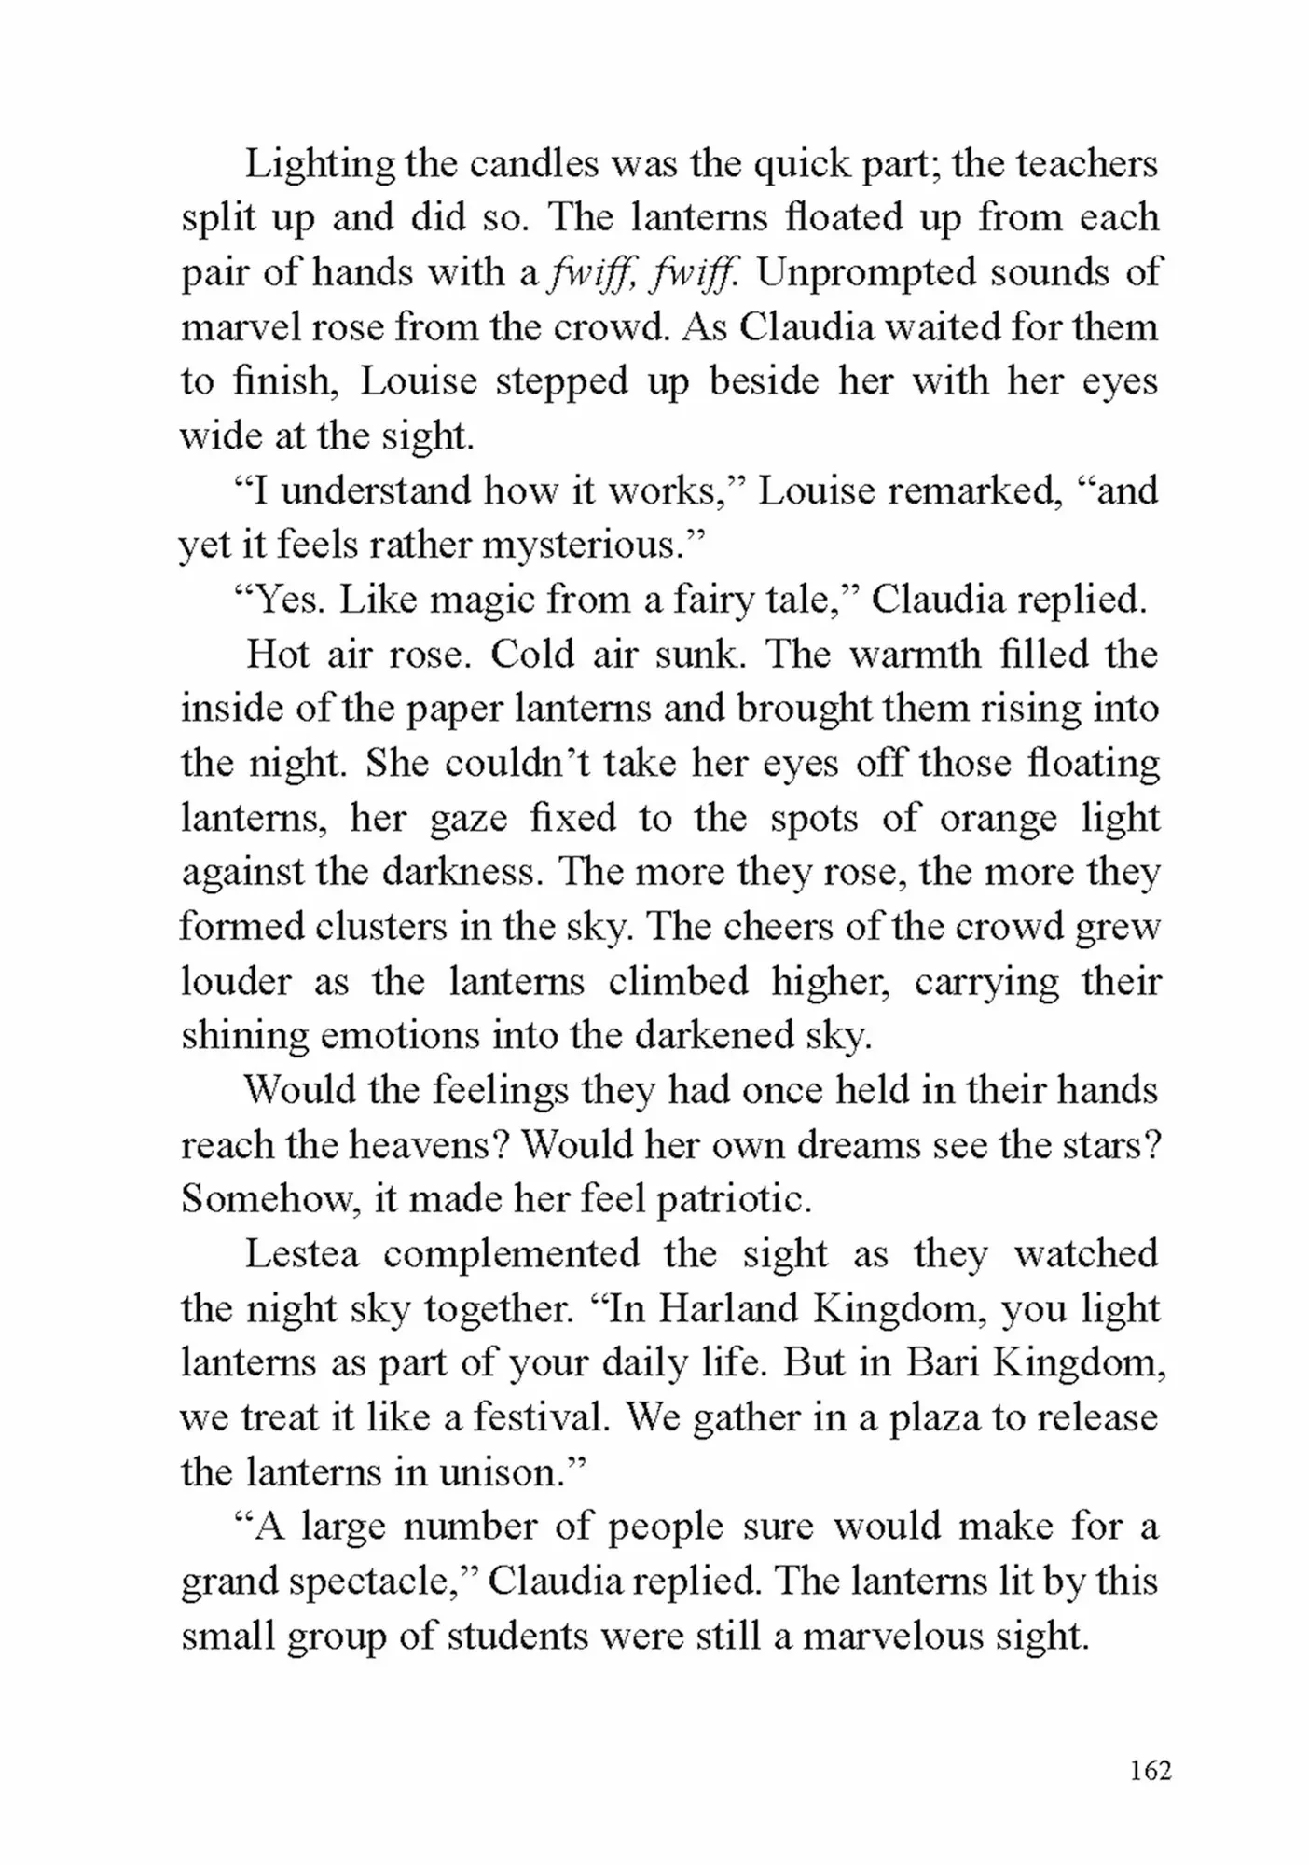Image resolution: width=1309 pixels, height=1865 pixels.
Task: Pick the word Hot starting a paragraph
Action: point(277,654)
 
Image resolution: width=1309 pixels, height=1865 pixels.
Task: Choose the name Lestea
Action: point(302,1254)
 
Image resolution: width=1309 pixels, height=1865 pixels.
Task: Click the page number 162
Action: point(1150,1770)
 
